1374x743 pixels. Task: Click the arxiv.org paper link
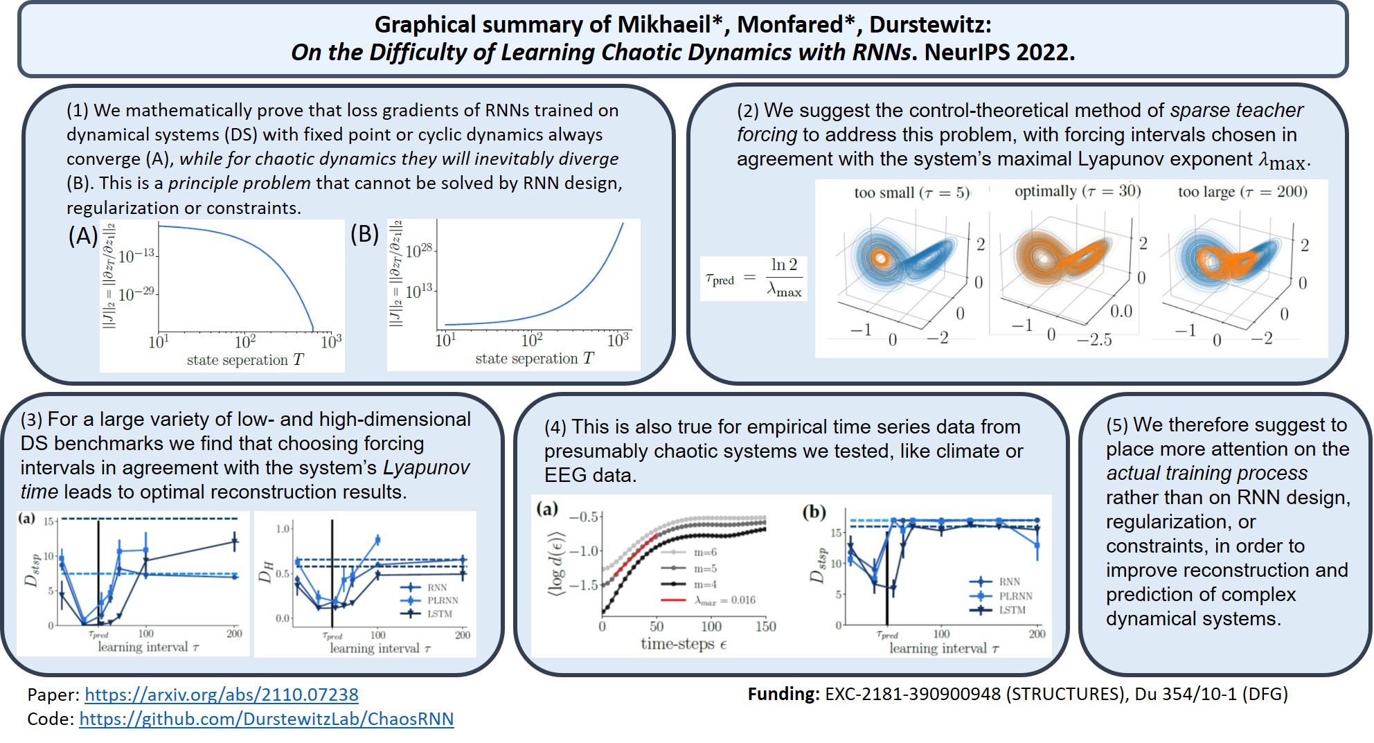(x=222, y=695)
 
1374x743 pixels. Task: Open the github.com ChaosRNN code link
(x=267, y=719)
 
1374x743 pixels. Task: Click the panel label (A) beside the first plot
(x=82, y=237)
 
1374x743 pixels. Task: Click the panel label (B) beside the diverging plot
(x=364, y=235)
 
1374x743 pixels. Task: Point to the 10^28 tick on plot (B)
(x=419, y=251)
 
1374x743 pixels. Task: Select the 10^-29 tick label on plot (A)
(x=136, y=294)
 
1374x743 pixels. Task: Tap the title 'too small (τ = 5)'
(x=911, y=193)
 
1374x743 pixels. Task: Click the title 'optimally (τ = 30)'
(x=1077, y=191)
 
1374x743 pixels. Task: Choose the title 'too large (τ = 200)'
(x=1242, y=192)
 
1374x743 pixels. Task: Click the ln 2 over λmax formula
(x=784, y=277)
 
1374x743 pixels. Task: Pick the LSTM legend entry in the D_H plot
(x=439, y=614)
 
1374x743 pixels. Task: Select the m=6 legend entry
(x=705, y=552)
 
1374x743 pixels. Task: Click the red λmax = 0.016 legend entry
(x=724, y=600)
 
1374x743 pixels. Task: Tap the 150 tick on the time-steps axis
(x=765, y=627)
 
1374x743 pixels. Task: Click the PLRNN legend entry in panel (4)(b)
(x=1015, y=596)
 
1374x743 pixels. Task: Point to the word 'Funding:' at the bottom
(x=783, y=694)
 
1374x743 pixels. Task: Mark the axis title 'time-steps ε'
(x=683, y=644)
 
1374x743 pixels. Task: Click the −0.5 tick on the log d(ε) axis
(x=583, y=517)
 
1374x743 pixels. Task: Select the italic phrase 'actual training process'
(x=1206, y=473)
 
